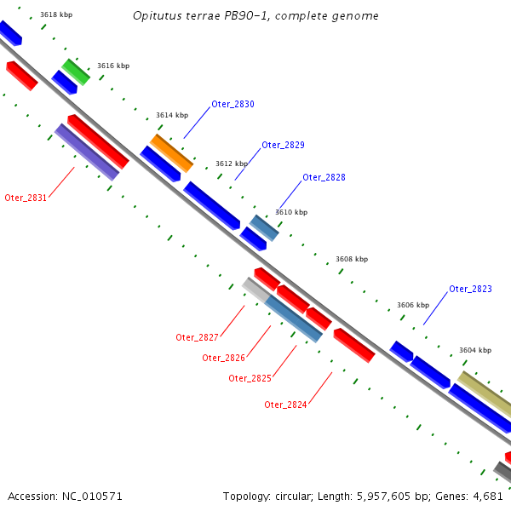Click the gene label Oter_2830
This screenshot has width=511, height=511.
coord(233,104)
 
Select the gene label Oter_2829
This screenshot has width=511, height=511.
coord(283,145)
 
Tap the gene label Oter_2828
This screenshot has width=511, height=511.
coord(324,177)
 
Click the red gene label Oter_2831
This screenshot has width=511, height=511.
coord(26,198)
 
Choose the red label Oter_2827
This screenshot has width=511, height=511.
coord(198,337)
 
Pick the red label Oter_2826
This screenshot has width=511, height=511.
coord(223,358)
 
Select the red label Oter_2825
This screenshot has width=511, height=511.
coord(250,378)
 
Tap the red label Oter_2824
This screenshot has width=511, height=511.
coord(285,405)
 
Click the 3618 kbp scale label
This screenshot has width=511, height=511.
coord(56,14)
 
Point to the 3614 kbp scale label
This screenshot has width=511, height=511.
coord(172,115)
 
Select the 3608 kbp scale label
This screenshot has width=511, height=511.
coord(352,259)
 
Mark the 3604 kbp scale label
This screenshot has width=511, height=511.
coord(475,350)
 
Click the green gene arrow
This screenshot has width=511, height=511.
coord(75,72)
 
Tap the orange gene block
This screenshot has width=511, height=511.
coord(172,153)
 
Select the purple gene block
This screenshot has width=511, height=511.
coord(87,152)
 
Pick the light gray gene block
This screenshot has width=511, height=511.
coord(255,289)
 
